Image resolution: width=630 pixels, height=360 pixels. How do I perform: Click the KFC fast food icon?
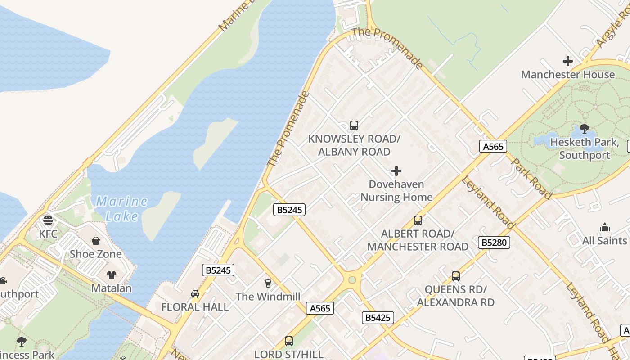(48, 220)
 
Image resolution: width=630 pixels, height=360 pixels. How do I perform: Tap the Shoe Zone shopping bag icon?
(96, 241)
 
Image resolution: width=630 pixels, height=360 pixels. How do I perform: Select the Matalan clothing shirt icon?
(112, 275)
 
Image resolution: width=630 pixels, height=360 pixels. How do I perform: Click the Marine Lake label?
(121, 209)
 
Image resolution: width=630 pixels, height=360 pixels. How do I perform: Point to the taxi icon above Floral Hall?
(195, 294)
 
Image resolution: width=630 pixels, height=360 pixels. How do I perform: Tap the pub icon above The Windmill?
(268, 283)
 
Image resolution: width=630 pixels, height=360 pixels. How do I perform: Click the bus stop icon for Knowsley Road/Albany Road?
(354, 126)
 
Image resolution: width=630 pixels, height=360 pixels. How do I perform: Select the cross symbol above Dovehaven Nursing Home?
(396, 171)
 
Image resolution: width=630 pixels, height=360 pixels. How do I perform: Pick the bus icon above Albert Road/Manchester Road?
(418, 220)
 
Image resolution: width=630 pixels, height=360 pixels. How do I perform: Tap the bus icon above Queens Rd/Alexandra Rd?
(456, 276)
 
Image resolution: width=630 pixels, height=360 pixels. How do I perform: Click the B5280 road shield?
(494, 243)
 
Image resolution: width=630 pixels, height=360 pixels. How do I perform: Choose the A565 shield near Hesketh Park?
(493, 146)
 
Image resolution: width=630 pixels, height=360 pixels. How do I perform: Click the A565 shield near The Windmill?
(320, 308)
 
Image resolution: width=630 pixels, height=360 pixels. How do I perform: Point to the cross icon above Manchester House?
(568, 61)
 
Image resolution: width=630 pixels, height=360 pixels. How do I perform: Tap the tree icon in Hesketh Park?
(585, 129)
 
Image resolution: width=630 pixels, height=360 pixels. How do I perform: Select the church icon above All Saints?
(605, 227)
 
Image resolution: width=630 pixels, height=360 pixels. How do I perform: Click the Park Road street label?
(532, 179)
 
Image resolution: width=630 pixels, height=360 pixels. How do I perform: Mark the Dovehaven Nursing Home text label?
(396, 191)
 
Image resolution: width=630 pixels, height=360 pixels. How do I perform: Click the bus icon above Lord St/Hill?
(289, 341)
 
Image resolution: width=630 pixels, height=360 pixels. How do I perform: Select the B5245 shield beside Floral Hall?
(218, 270)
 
